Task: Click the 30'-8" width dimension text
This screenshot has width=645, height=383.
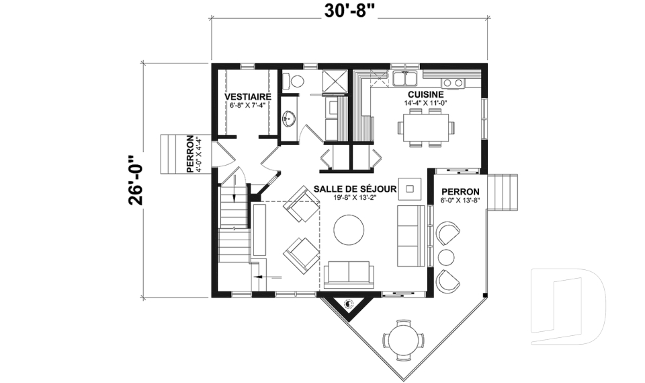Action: [x=350, y=12]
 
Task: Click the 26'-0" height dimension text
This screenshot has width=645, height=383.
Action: [x=135, y=180]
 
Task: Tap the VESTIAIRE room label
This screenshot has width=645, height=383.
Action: [x=248, y=96]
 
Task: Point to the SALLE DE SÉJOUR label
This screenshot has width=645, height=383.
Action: [x=355, y=189]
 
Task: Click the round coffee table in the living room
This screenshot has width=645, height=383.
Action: [x=349, y=230]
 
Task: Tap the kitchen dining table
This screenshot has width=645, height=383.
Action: [x=426, y=127]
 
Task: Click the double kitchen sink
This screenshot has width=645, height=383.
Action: [x=404, y=78]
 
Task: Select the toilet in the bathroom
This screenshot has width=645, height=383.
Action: [x=294, y=81]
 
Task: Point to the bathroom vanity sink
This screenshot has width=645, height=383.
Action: [x=289, y=118]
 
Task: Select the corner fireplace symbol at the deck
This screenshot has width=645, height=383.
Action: [x=349, y=304]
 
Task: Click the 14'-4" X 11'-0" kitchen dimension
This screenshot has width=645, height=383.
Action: [x=426, y=103]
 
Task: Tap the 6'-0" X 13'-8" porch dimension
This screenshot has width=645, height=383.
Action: [x=460, y=201]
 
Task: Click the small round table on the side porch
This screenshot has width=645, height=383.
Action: [x=446, y=257]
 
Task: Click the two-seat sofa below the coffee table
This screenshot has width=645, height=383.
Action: [x=349, y=274]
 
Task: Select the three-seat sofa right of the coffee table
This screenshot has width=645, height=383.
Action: [x=411, y=236]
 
